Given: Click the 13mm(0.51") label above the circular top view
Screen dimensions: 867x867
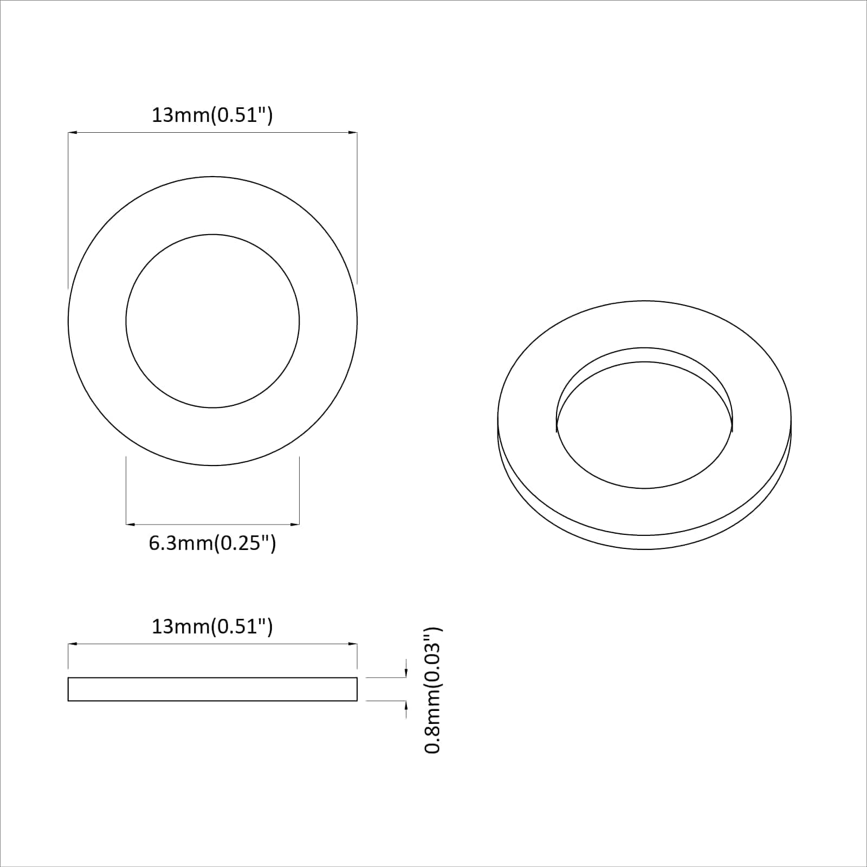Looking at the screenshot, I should [212, 115].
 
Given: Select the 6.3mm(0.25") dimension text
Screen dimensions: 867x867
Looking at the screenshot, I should [212, 543].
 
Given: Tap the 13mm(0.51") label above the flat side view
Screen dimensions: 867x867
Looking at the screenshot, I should [212, 627].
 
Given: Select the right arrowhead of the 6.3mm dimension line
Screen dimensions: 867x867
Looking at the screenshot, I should [295, 524].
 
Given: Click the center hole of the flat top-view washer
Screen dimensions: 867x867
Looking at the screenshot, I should [212, 321].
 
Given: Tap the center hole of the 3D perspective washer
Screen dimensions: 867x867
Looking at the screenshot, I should [644, 428].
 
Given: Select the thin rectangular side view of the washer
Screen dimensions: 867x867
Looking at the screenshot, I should [212, 689].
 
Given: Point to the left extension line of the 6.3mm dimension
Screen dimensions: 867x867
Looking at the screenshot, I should [126, 488].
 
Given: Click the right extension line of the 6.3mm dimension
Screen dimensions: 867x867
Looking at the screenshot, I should [299, 488].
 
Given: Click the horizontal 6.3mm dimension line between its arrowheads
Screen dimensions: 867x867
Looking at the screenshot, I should [212, 524].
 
